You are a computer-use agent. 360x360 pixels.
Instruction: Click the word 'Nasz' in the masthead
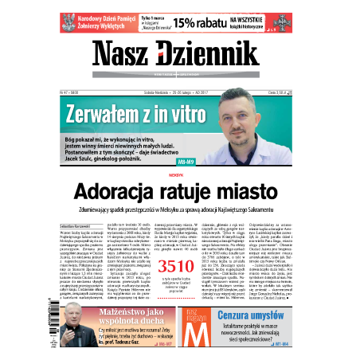pyautogui.click(x=121, y=55)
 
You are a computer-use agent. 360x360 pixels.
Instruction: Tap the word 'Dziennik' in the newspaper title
pyautogui.click(x=208, y=55)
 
